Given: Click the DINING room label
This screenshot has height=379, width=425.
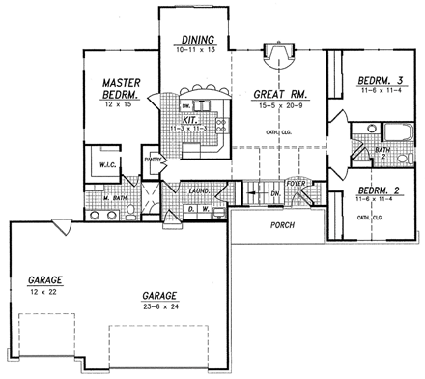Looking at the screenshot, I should coord(195,40).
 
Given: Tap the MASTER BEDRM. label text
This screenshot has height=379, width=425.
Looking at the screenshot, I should coord(123,90).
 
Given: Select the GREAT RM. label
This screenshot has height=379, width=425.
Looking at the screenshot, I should coord(279,95).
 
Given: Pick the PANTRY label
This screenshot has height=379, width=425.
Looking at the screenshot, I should coord(152,160).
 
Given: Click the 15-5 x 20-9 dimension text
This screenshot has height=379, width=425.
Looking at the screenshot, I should coord(279,106).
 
